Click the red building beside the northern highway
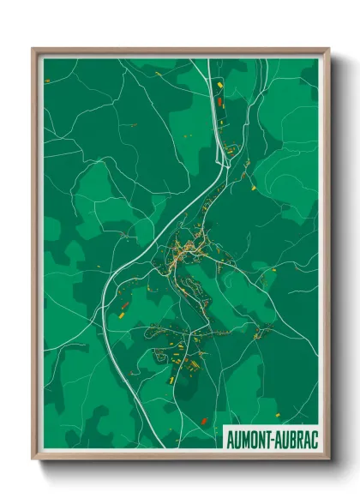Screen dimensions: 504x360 (220, 102)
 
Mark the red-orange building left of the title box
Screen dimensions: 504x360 (204, 420)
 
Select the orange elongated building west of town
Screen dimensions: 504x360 (124, 305)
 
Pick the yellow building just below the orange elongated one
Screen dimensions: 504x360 (122, 315)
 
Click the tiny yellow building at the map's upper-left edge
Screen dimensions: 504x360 (47, 81)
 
